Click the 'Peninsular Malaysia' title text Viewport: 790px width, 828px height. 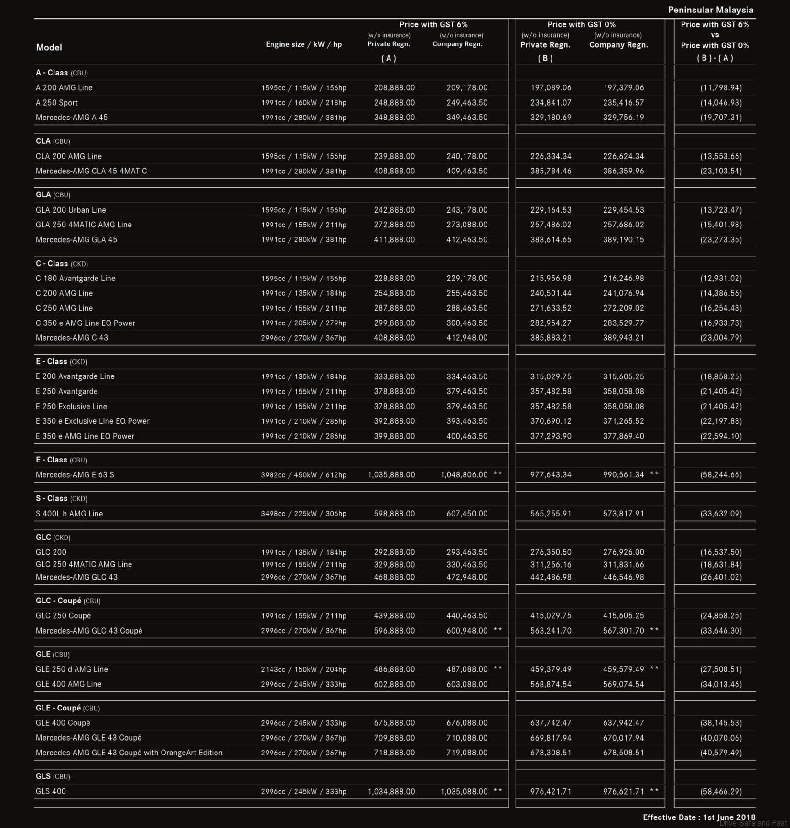pos(710,10)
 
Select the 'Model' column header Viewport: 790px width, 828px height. pos(49,47)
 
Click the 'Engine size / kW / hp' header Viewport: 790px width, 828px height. pos(303,44)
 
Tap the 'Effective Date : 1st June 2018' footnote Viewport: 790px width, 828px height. pos(699,817)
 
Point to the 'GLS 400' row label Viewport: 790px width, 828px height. pos(51,791)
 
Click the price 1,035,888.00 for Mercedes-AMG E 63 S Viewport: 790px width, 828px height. pos(391,475)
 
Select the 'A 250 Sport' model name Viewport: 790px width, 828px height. pos(56,103)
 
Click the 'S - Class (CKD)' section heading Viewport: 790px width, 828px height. pos(61,498)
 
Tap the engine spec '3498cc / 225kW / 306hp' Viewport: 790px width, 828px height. pos(303,514)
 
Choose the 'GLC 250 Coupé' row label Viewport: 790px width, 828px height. pos(63,616)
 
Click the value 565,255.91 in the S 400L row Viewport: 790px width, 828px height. pos(551,514)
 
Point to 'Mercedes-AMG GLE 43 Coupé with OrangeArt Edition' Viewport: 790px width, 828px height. pos(129,753)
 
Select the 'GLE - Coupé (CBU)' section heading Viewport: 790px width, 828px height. pos(67,708)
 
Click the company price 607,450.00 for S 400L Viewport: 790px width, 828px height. pos(467,514)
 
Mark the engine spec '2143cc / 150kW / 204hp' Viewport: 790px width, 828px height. pos(303,669)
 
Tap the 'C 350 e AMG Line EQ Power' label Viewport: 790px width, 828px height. pos(85,323)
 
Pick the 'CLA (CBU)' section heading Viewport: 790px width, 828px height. pos(53,141)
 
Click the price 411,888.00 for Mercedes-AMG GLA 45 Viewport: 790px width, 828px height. pos(394,240)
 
